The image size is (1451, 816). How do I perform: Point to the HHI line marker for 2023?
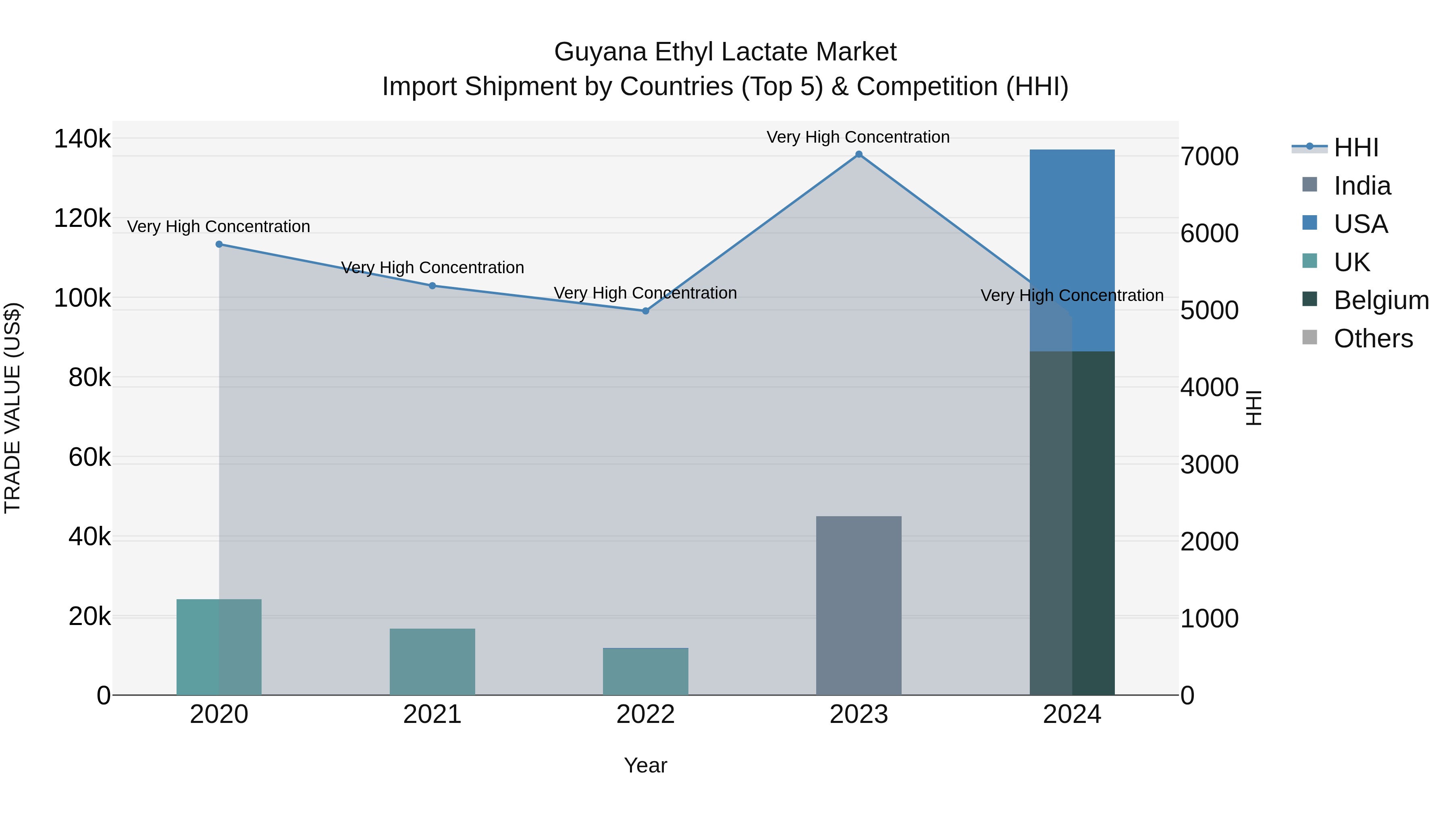(859, 154)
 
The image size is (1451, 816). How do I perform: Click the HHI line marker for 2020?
(219, 245)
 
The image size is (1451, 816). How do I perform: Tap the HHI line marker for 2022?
(646, 311)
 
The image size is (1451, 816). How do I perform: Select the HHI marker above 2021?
(432, 286)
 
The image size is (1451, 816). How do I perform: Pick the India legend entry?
(1362, 186)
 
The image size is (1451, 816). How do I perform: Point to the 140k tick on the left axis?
(82, 139)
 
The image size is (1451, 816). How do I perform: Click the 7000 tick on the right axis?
(1209, 157)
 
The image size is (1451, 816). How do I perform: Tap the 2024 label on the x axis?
(1072, 714)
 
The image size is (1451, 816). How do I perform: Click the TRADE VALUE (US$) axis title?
(13, 408)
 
